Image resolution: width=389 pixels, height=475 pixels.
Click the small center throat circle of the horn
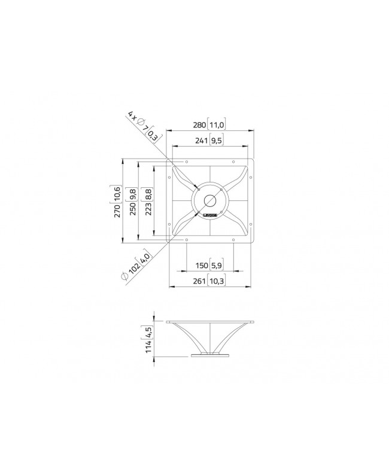tap(210, 200)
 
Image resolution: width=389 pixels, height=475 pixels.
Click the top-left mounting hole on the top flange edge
tap(187, 162)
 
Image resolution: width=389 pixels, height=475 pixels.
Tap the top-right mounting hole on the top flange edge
tap(233, 162)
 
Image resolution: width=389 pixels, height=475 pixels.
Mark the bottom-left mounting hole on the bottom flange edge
tap(187, 240)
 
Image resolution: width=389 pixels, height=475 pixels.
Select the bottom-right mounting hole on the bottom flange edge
tap(233, 240)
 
